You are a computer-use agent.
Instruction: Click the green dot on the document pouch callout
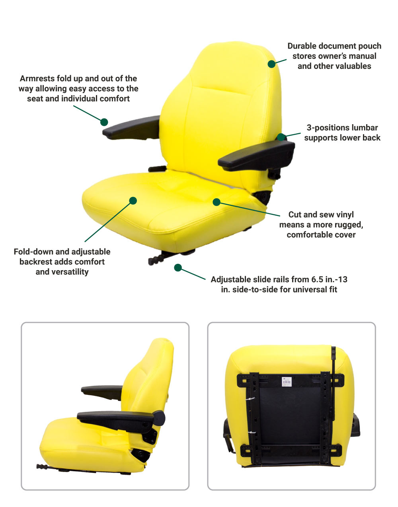tap(271, 64)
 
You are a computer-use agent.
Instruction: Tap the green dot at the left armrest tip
tap(104, 122)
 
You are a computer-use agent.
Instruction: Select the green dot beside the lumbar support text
tap(281, 137)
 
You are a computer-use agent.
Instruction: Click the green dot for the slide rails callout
tap(178, 267)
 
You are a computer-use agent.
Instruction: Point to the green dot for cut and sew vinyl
tap(217, 202)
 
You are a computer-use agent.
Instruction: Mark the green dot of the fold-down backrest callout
tap(133, 201)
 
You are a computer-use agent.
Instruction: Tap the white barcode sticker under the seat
tap(287, 382)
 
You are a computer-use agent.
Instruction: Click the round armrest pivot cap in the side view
tap(159, 418)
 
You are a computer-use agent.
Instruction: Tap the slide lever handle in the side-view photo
tap(42, 467)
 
